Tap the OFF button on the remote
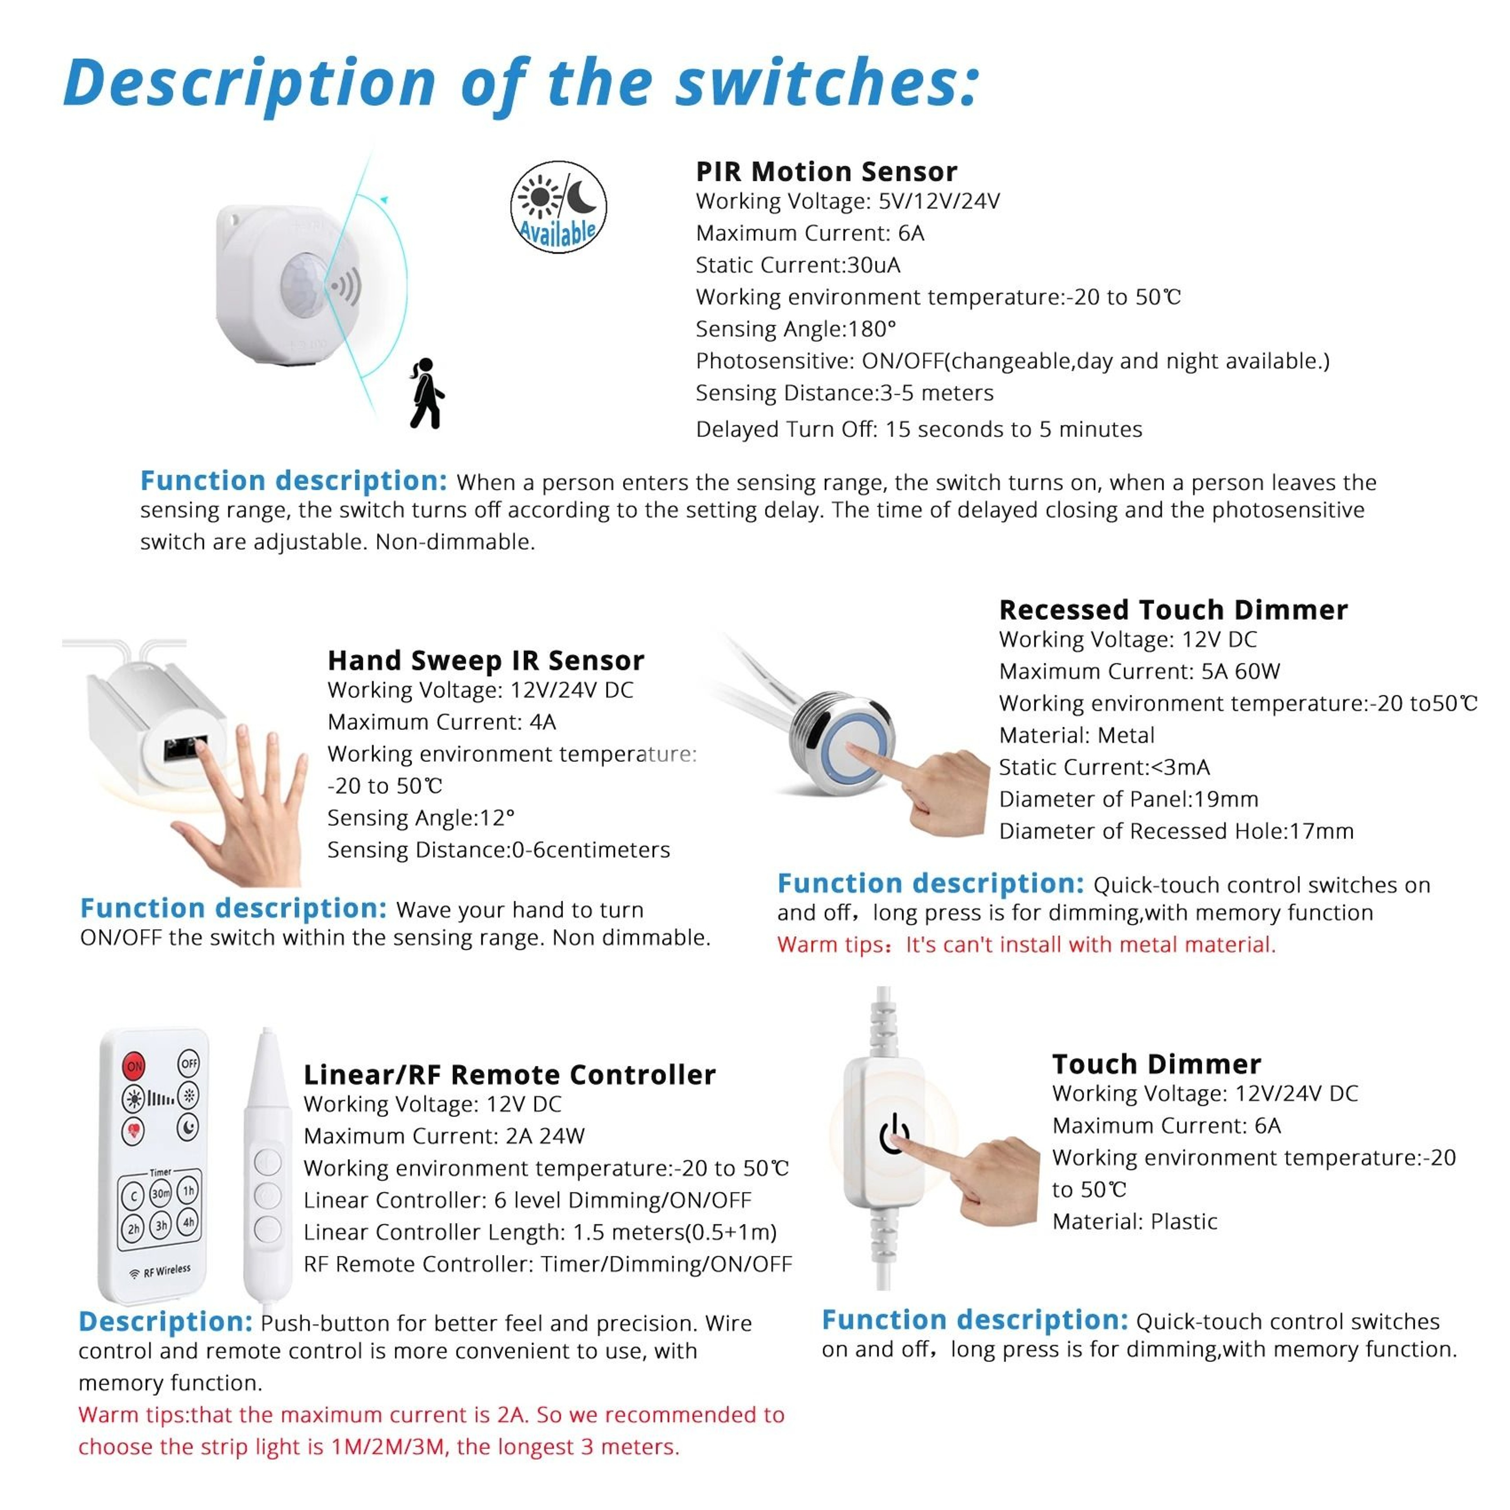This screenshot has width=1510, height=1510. (x=189, y=1064)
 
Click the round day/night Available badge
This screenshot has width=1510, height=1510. (x=558, y=206)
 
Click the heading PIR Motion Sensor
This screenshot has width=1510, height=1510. (x=826, y=171)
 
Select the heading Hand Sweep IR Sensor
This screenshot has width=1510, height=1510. (x=485, y=661)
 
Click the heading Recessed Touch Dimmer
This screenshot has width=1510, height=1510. (x=1173, y=610)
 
